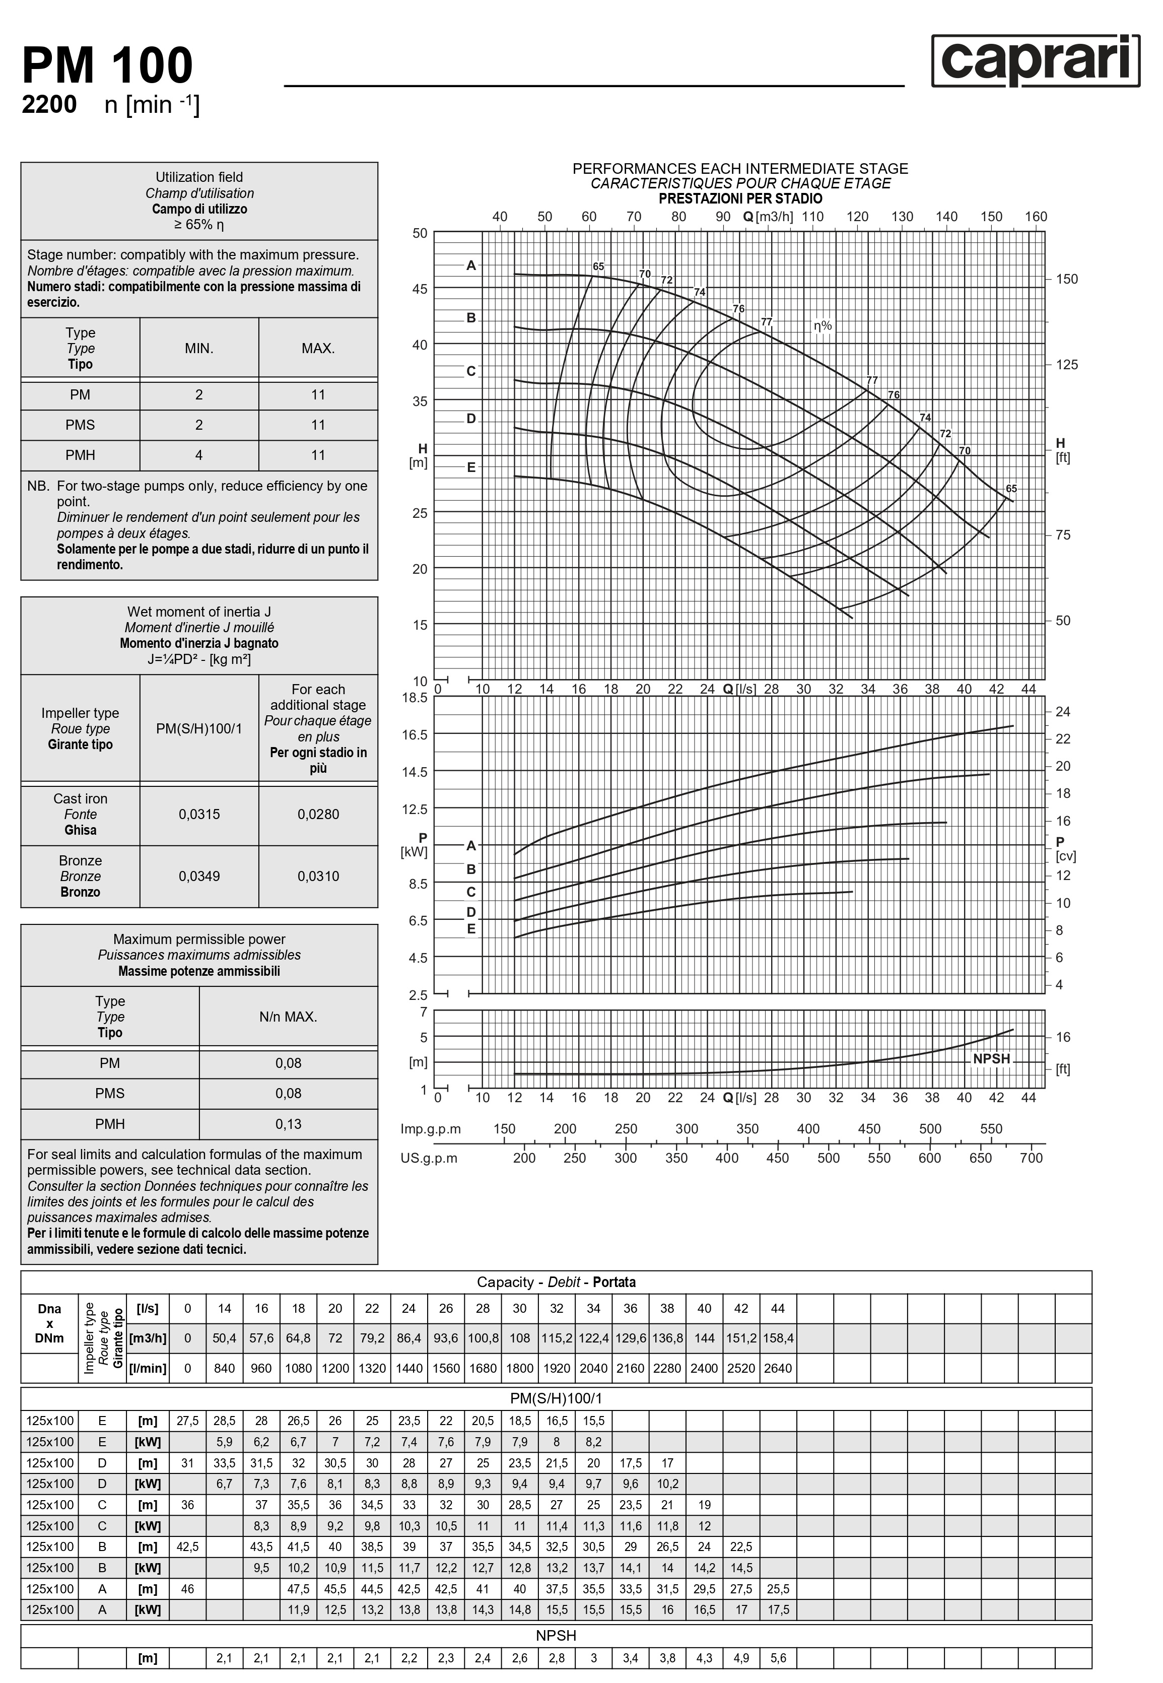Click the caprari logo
(1036, 61)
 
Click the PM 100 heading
(108, 65)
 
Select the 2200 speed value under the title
(49, 105)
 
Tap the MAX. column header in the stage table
(318, 348)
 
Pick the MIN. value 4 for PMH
(199, 455)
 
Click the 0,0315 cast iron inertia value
(199, 815)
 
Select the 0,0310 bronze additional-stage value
(318, 877)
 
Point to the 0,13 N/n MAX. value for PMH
(289, 1124)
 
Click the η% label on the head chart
(823, 326)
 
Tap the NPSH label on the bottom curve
(991, 1059)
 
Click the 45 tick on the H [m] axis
(420, 289)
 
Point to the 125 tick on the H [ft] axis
(1067, 365)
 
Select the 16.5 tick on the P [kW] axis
(418, 734)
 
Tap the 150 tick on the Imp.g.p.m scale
(504, 1128)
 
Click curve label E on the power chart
(471, 929)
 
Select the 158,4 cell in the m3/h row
(778, 1338)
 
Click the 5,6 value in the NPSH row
(778, 1658)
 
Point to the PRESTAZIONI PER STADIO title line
(740, 198)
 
